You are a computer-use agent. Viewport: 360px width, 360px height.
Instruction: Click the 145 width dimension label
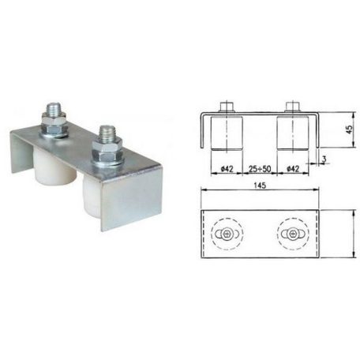260,186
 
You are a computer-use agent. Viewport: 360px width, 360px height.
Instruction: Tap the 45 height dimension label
349,129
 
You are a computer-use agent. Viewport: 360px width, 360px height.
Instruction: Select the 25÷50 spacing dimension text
260,169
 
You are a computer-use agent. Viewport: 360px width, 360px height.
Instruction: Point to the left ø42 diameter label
227,169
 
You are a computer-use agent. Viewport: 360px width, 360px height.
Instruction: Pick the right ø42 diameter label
293,169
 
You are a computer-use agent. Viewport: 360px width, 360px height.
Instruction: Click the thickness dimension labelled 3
324,159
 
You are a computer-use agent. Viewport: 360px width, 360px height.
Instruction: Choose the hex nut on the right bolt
107,151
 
